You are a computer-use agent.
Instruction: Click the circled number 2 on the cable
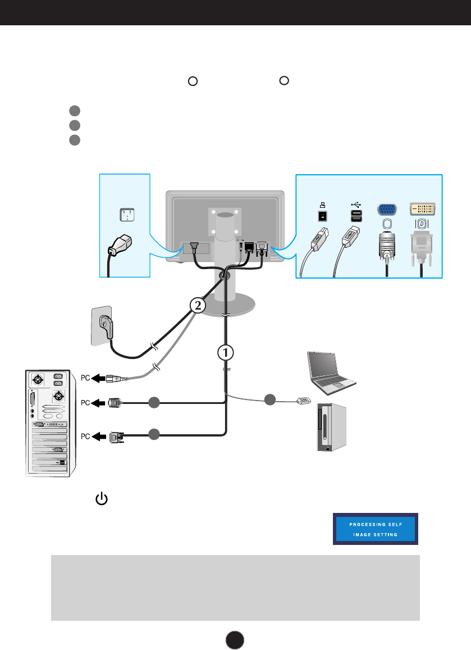pos(195,306)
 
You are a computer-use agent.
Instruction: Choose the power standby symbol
pos(101,499)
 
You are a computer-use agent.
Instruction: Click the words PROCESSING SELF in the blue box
pos(376,524)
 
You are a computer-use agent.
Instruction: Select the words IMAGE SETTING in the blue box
pos(376,534)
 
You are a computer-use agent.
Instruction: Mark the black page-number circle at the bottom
pos(235,638)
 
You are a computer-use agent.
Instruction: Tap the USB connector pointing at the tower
pos(303,401)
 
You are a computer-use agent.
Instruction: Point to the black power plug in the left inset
pos(120,245)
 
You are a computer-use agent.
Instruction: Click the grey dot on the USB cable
pos(271,399)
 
